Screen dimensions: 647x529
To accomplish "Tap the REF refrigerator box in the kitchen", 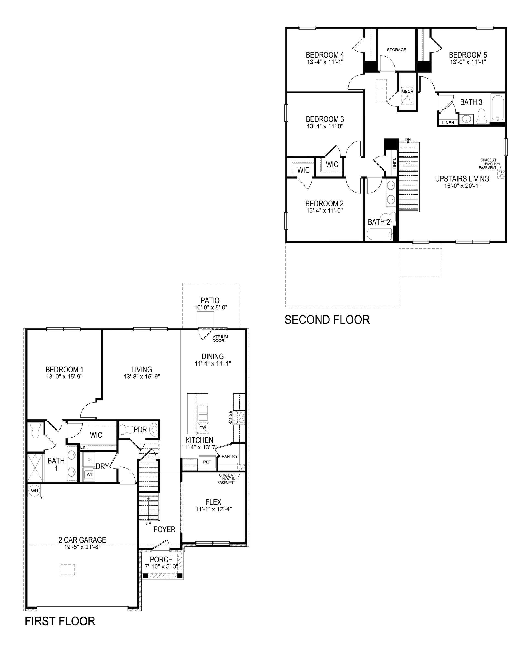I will (x=207, y=462).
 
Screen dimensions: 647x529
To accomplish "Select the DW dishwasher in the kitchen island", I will (x=203, y=428).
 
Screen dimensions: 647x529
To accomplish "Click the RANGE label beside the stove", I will (x=231, y=418).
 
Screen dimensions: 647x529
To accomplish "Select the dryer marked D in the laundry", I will (x=89, y=459).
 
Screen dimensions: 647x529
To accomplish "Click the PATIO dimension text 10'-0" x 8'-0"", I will (x=211, y=308).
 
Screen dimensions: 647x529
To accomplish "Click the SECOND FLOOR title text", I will (x=327, y=320).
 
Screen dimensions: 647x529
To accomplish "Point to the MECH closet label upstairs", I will (x=407, y=92).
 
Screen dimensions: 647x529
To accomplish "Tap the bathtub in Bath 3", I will (x=498, y=108).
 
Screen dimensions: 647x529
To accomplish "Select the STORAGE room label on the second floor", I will (x=396, y=50).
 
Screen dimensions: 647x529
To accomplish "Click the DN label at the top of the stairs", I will (x=408, y=140).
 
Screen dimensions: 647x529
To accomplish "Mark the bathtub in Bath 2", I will (x=380, y=235).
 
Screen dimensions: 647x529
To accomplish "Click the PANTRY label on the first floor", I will (x=229, y=456).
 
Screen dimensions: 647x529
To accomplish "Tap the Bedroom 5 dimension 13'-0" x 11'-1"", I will (x=468, y=62).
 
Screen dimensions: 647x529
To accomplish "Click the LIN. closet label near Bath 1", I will (x=84, y=447).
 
